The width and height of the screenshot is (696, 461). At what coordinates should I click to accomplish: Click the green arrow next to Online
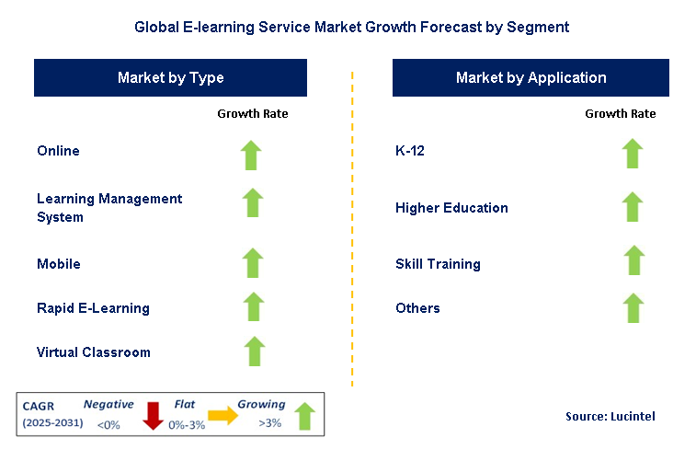[252, 155]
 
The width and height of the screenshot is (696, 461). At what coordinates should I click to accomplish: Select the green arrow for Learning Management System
[252, 202]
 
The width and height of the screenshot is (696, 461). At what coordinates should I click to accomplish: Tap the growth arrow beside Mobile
[252, 262]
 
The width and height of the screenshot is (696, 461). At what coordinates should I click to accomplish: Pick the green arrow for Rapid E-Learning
[252, 306]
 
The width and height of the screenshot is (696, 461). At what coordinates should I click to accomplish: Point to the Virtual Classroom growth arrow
[254, 351]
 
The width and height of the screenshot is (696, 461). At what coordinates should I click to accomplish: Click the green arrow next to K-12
[632, 153]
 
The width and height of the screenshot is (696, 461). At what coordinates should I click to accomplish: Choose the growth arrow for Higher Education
[632, 207]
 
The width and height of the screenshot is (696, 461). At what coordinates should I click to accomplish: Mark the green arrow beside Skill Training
[633, 260]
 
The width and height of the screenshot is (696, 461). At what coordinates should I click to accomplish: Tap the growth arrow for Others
[633, 307]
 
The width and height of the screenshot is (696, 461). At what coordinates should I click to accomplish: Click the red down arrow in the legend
[153, 416]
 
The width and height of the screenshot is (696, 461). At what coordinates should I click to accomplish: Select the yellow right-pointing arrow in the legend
[222, 416]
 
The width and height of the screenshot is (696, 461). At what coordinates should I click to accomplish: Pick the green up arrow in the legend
[304, 416]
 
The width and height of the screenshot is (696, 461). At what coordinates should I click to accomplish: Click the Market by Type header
[171, 78]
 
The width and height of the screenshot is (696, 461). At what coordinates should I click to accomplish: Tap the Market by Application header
[531, 78]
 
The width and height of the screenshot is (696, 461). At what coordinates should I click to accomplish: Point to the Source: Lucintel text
[610, 417]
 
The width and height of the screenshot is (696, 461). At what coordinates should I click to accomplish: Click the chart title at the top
[351, 28]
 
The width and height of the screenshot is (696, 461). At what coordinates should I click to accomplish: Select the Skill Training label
[438, 264]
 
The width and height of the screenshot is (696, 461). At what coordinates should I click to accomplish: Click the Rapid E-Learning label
[93, 308]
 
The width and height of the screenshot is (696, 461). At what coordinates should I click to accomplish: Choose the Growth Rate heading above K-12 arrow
[620, 114]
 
